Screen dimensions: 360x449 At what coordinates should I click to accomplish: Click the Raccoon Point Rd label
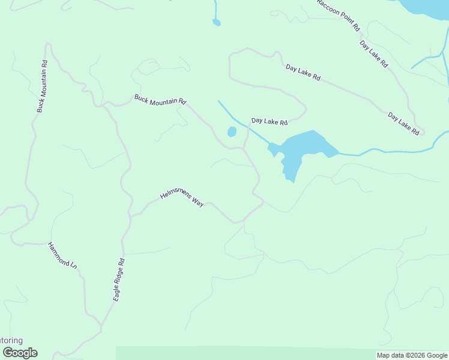[339, 14]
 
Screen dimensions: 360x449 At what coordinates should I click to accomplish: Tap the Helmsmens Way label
[182, 199]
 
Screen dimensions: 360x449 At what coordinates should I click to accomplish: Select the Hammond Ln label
[63, 256]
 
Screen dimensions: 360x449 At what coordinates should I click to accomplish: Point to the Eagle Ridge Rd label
[118, 279]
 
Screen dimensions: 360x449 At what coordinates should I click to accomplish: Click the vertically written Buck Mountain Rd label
[41, 86]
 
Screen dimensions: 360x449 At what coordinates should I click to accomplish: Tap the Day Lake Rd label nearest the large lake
[270, 121]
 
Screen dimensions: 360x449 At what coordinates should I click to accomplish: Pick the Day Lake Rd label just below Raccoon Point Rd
[373, 53]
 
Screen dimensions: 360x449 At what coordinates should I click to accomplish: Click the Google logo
[20, 353]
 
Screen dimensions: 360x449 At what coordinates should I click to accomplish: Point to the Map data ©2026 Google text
[412, 355]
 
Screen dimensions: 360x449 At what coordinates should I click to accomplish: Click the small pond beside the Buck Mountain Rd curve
[232, 132]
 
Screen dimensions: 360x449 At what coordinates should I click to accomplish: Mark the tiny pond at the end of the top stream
[216, 23]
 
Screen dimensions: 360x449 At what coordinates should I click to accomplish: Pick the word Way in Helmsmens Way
[197, 203]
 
